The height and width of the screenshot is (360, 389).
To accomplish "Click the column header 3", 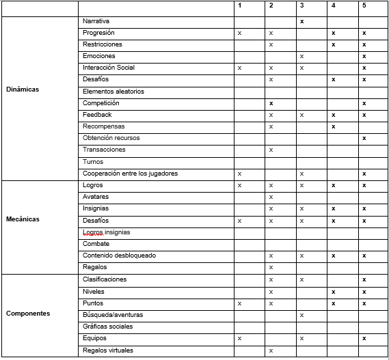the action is tap(301, 5).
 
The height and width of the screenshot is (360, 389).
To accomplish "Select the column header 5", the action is tap(364, 5).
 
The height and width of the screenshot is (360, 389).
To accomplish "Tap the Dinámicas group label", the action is tap(23, 89).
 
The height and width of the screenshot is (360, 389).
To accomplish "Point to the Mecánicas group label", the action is tap(23, 219).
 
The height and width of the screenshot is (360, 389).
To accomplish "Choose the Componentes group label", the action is tap(27, 314).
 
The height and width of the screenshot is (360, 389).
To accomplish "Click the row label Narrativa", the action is tap(96, 21).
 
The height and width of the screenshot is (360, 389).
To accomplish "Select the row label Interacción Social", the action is tap(109, 68).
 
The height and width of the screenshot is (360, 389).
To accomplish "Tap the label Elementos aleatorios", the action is tap(113, 92).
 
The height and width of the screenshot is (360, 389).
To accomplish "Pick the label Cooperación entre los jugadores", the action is tap(130, 174).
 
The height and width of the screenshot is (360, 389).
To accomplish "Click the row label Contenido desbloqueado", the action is tap(119, 255).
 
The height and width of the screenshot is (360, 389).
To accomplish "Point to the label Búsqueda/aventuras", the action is tap(113, 315).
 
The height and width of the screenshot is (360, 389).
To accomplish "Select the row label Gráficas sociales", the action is tap(107, 327).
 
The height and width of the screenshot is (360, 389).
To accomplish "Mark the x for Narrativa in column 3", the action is tap(301, 22).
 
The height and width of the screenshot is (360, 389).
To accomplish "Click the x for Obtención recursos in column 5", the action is tap(364, 139).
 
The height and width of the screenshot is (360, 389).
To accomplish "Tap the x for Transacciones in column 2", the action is tap(271, 150).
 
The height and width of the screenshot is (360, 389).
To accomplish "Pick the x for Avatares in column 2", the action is tap(271, 197).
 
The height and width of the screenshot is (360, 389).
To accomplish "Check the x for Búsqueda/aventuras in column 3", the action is tap(301, 316).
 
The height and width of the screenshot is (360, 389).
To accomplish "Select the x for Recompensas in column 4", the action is tap(333, 127).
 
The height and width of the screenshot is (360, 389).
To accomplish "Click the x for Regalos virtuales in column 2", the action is tap(271, 351).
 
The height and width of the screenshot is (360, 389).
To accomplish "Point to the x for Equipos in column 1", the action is tap(239, 339).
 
